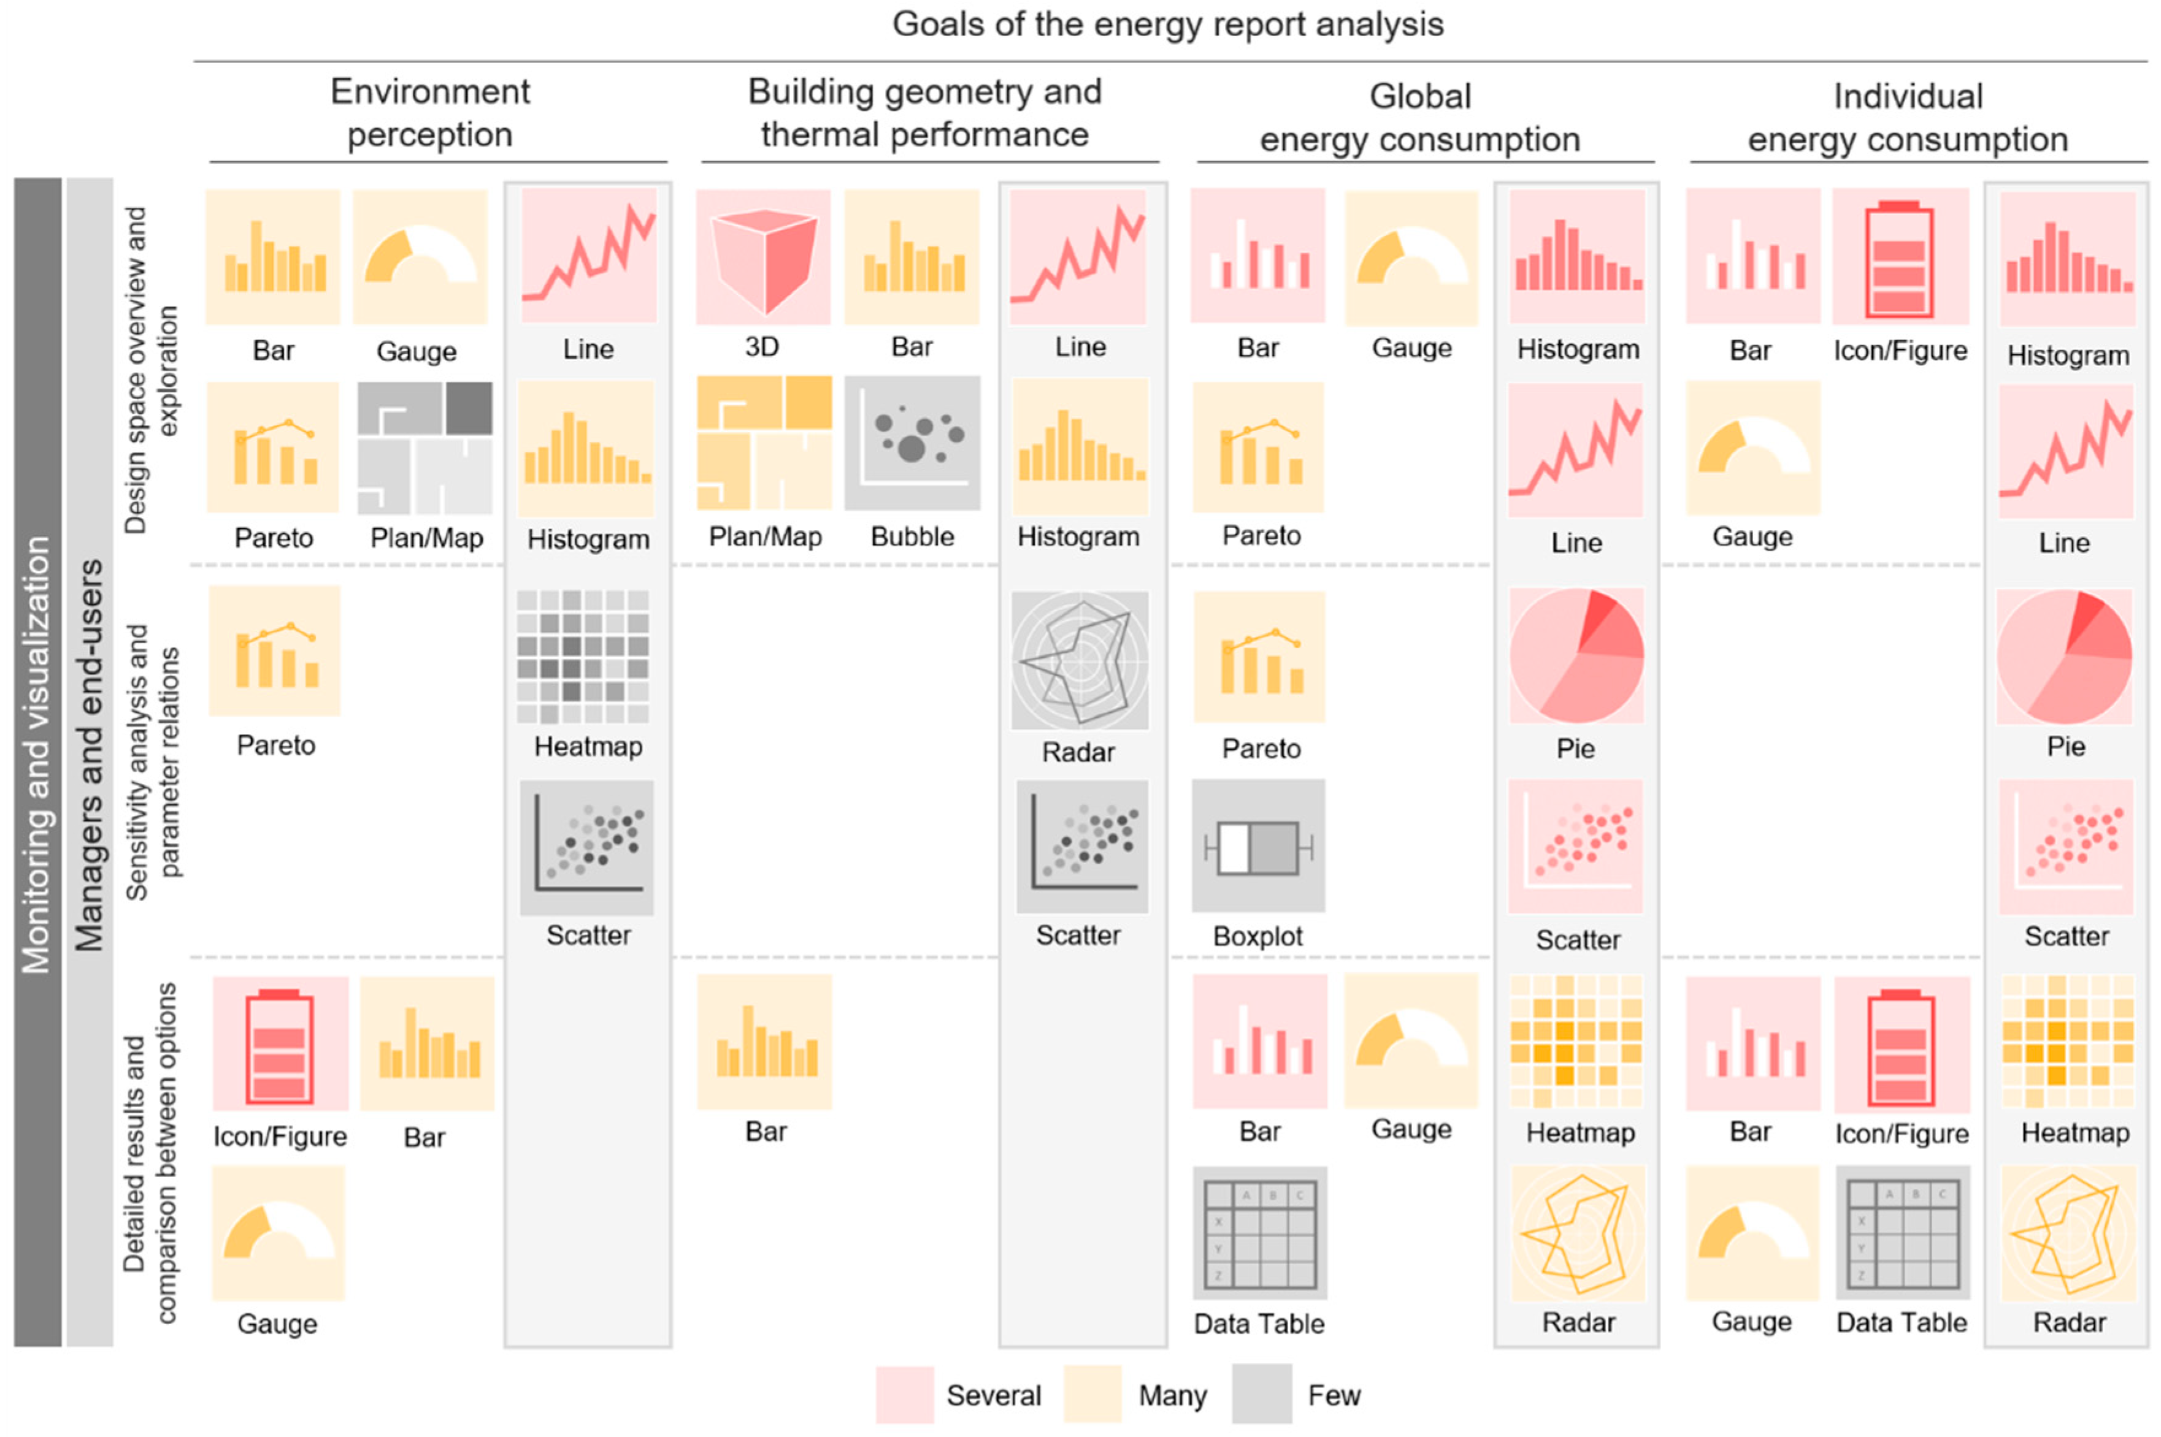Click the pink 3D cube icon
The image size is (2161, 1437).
(x=763, y=257)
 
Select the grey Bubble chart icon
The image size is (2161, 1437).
(x=912, y=443)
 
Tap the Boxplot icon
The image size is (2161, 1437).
(x=1258, y=846)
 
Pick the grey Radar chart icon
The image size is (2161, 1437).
(x=1080, y=660)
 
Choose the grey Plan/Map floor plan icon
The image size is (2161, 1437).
(x=424, y=448)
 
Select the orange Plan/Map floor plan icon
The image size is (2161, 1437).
(x=764, y=443)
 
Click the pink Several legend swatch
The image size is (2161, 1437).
(x=904, y=1394)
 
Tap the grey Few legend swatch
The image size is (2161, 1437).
(x=1262, y=1394)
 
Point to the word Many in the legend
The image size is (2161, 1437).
(x=1172, y=1395)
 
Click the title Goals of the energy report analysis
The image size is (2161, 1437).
(x=1167, y=24)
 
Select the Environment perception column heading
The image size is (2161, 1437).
(x=430, y=113)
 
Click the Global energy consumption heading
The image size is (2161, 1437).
(x=1420, y=117)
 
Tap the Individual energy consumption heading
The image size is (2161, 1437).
(x=1907, y=117)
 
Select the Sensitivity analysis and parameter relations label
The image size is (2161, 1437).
(x=152, y=761)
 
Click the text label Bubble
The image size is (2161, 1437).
(x=912, y=536)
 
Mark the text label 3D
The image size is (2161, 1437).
(x=762, y=346)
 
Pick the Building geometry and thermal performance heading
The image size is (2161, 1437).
(x=924, y=113)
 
